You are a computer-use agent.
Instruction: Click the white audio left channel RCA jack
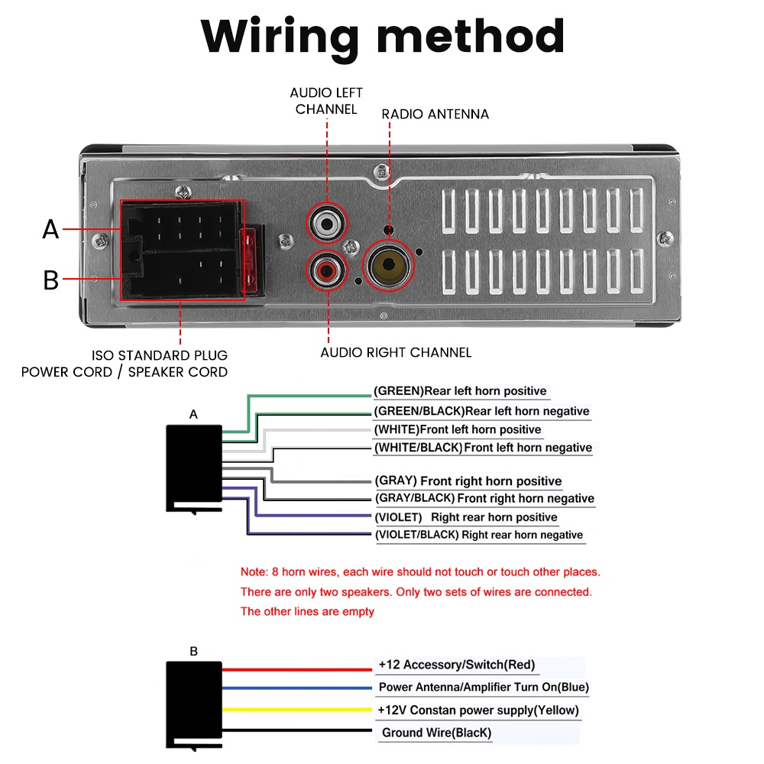pos(328,224)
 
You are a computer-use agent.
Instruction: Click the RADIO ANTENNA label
pos(435,114)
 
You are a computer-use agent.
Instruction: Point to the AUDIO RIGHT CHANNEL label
pos(396,352)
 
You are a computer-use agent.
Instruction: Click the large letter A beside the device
pos(50,228)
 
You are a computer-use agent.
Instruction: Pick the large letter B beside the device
pos(50,280)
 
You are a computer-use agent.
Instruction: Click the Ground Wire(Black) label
pos(436,733)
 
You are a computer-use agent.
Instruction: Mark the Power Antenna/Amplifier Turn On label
pos(484,687)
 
